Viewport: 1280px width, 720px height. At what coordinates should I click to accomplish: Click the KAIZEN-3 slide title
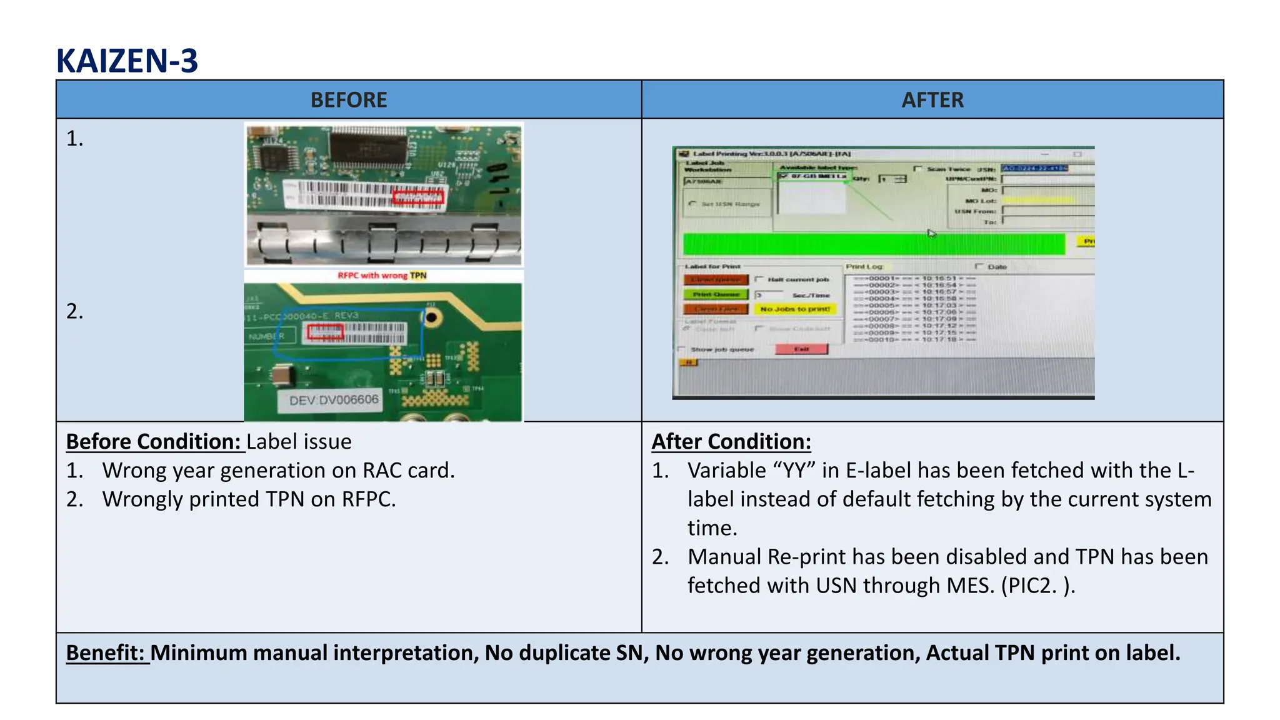(x=127, y=61)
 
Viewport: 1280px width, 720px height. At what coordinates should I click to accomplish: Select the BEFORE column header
(x=349, y=100)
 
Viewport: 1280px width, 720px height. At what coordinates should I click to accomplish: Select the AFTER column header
(x=932, y=100)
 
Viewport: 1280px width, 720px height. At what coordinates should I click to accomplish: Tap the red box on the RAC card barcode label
(x=418, y=198)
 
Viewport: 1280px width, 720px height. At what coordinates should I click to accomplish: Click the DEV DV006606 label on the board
(x=334, y=400)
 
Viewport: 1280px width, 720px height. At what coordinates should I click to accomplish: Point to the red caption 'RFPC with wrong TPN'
(x=382, y=275)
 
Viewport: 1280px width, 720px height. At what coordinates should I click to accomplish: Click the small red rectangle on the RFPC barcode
(x=325, y=332)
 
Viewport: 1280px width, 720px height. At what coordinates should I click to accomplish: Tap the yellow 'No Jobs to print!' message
(x=794, y=309)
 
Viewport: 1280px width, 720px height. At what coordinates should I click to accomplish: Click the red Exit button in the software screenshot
(x=801, y=349)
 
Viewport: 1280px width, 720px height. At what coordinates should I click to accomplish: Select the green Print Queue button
(x=716, y=294)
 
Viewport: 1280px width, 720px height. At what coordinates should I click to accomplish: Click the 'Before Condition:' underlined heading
(x=154, y=442)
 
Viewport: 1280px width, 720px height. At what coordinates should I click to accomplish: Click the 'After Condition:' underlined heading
(x=731, y=442)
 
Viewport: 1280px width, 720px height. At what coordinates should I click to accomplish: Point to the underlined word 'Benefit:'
(x=106, y=653)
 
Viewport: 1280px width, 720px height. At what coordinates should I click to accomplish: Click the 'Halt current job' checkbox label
(x=797, y=279)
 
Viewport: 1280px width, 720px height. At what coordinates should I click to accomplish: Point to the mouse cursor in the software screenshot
(x=931, y=233)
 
